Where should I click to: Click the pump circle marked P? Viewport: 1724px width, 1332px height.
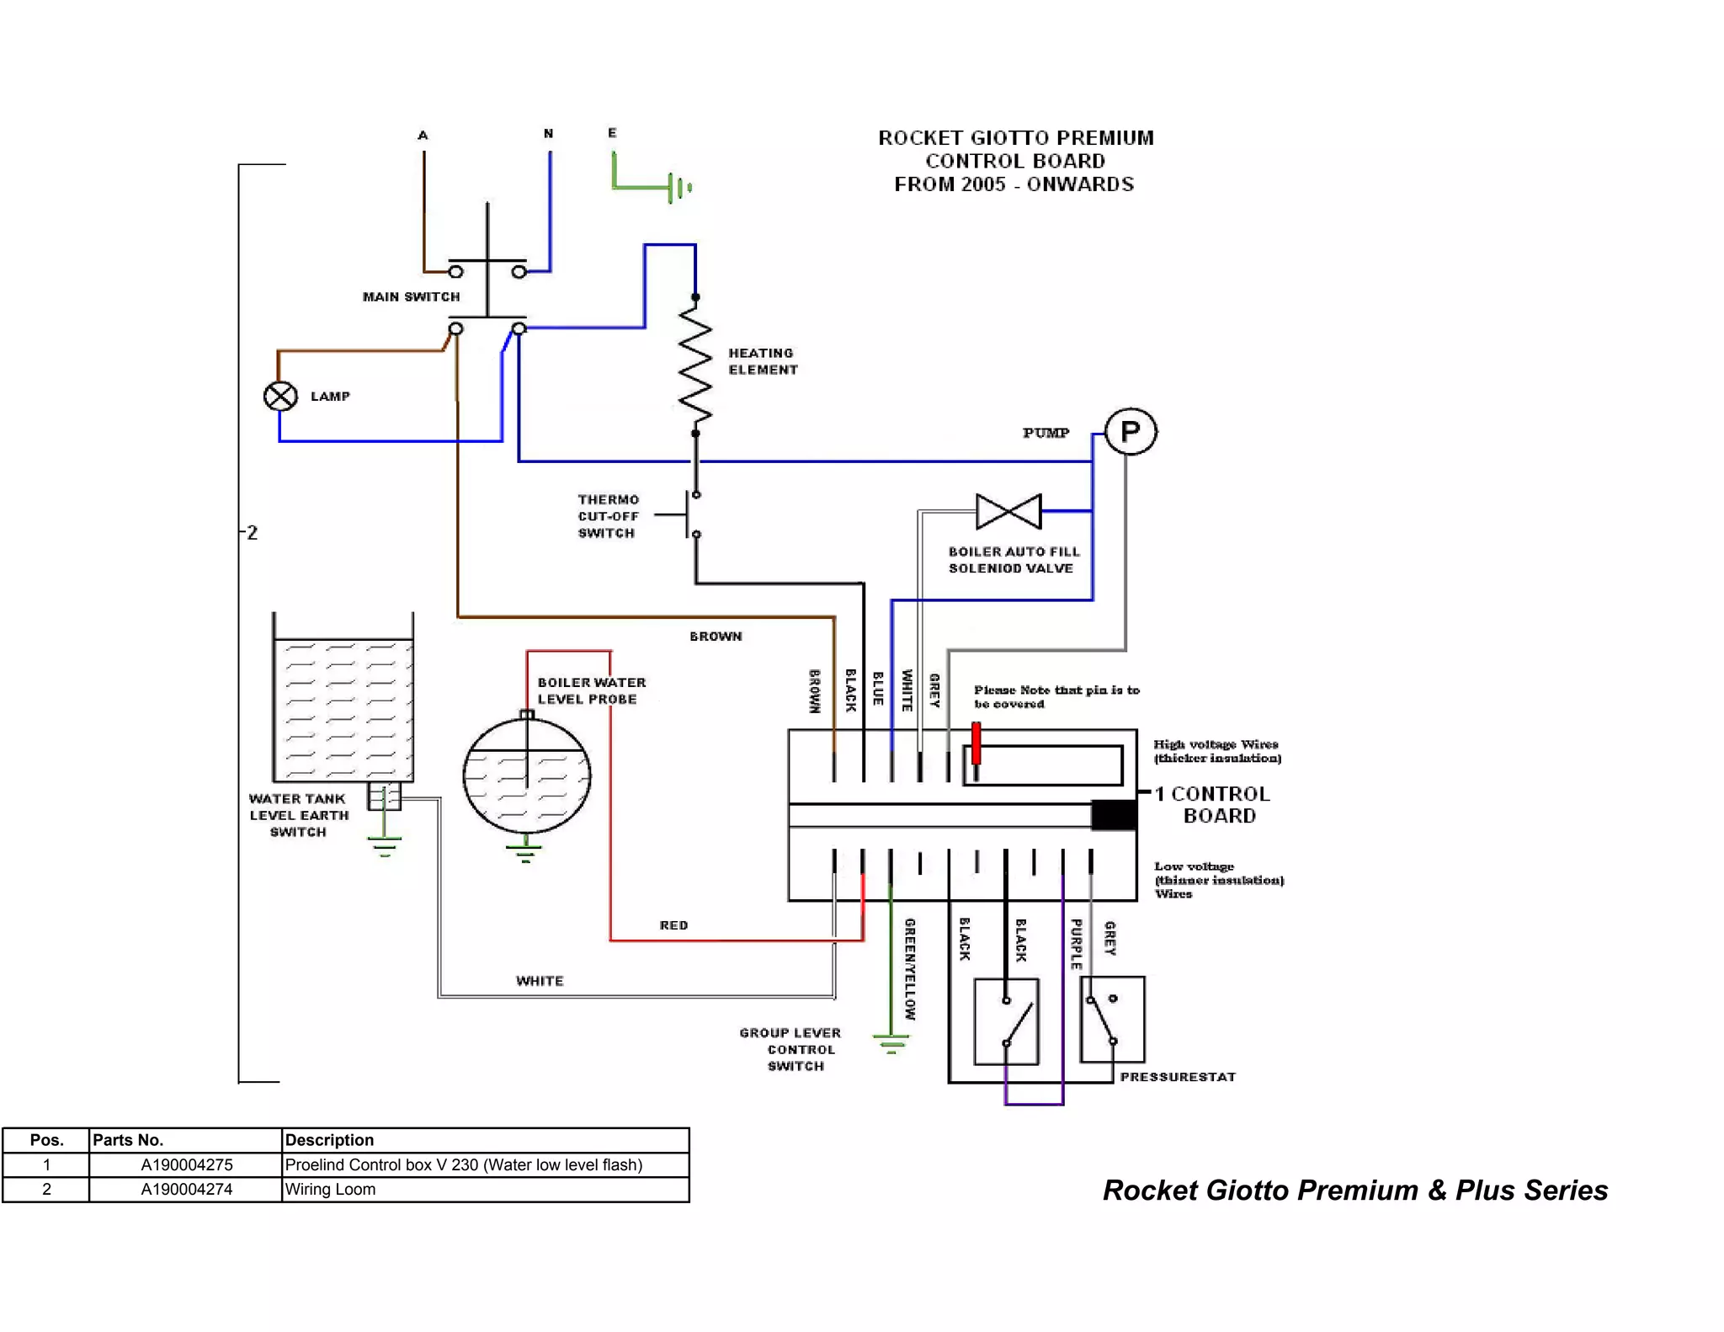tap(1130, 432)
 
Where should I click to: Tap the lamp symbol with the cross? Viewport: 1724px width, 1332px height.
tap(280, 396)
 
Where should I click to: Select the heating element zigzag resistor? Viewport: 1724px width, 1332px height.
tap(695, 365)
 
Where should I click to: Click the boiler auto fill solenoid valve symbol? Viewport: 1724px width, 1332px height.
tap(1008, 511)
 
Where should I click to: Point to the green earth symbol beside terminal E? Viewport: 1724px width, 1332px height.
tap(678, 187)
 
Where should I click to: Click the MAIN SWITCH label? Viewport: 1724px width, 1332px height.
tap(411, 297)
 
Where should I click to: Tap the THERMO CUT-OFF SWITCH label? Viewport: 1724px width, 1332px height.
tap(608, 516)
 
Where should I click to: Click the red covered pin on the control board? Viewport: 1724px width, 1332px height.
tap(976, 743)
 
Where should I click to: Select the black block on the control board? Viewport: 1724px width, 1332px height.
tap(1114, 815)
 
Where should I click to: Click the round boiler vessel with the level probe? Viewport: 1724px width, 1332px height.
tap(527, 775)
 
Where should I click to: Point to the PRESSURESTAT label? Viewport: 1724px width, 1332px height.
tap(1178, 1077)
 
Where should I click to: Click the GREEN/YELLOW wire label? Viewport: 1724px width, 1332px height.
tap(910, 968)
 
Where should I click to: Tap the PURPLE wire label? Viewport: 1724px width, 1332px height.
tap(1076, 944)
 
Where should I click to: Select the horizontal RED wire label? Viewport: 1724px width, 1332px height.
tap(673, 925)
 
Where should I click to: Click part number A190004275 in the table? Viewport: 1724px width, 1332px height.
tap(186, 1164)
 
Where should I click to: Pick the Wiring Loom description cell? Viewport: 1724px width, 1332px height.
tap(330, 1189)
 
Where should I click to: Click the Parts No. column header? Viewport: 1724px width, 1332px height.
tap(128, 1140)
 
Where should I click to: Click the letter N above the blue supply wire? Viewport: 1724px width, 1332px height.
tap(548, 134)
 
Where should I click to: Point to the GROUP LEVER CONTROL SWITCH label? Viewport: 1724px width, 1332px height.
tap(791, 1049)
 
